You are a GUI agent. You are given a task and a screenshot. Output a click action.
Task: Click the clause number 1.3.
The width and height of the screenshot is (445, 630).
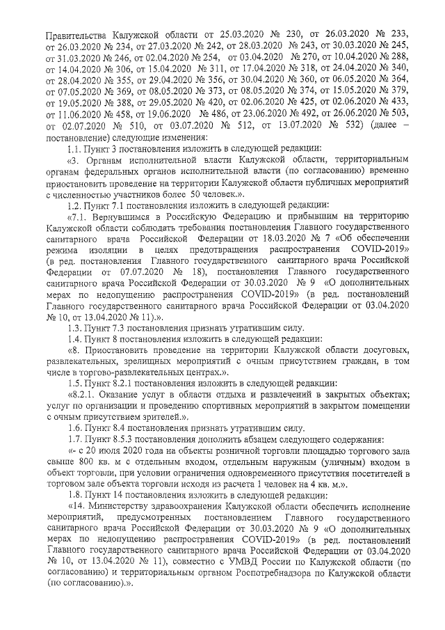click(x=74, y=327)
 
